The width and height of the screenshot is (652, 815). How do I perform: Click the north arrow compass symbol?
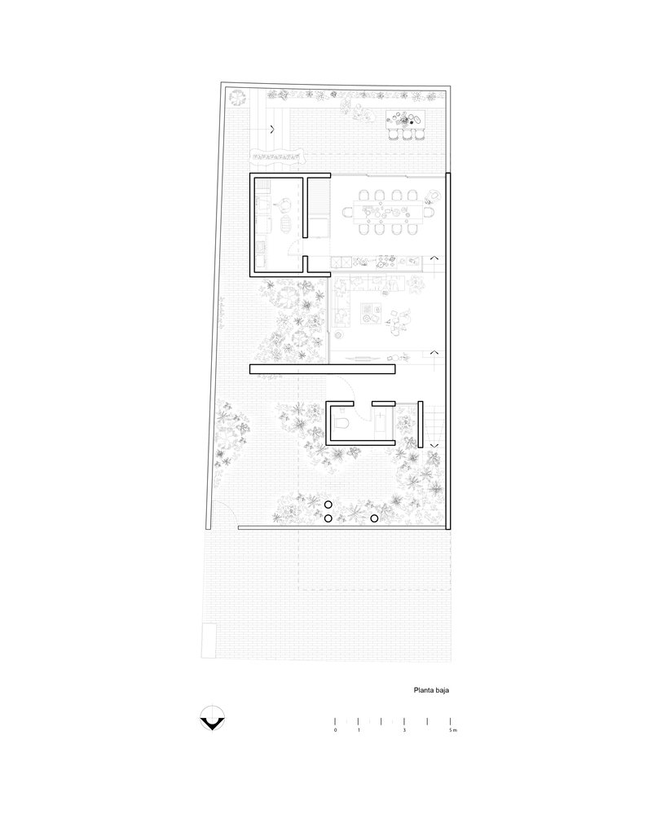pyautogui.click(x=212, y=718)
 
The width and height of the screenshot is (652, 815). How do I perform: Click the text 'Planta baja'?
pyautogui.click(x=431, y=690)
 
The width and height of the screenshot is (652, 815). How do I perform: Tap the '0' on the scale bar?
pyautogui.click(x=335, y=730)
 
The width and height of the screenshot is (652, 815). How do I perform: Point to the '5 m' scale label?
pyautogui.click(x=453, y=730)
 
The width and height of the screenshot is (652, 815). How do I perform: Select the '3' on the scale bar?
pyautogui.click(x=404, y=730)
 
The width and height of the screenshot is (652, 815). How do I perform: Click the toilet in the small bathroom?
pyautogui.click(x=341, y=424)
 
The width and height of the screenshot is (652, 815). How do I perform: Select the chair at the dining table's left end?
pyautogui.click(x=348, y=212)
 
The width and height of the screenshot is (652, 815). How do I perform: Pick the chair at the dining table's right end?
pyautogui.click(x=430, y=212)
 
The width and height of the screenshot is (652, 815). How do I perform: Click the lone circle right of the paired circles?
pyautogui.click(x=374, y=518)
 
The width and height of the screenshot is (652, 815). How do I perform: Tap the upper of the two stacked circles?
pyautogui.click(x=328, y=504)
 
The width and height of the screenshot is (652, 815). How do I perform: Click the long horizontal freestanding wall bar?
pyautogui.click(x=323, y=369)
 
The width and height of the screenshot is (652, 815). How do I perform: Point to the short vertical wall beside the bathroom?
pyautogui.click(x=421, y=425)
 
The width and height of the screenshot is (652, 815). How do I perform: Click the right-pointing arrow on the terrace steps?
pyautogui.click(x=272, y=130)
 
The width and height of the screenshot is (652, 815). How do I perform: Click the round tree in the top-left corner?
pyautogui.click(x=237, y=98)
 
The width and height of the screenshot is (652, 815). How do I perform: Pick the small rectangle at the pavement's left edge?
pyautogui.click(x=209, y=641)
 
